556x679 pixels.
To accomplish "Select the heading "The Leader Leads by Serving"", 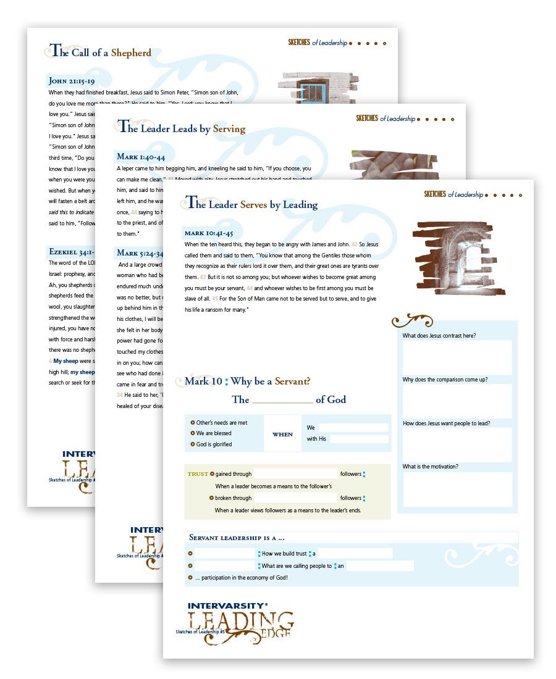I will pyautogui.click(x=182, y=128).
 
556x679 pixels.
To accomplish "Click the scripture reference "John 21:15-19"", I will pyautogui.click(x=71, y=81).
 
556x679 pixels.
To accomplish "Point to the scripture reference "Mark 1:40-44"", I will pyautogui.click(x=141, y=157).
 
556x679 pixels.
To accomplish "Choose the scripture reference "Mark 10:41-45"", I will pyautogui.click(x=208, y=233).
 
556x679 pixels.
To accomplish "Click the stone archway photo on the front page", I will pyautogui.click(x=459, y=257).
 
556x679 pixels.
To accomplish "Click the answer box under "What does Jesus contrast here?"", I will pyautogui.click(x=457, y=357).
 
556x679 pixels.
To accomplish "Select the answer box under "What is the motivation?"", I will pyautogui.click(x=457, y=489).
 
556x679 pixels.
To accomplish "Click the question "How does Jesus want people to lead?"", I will pyautogui.click(x=446, y=423).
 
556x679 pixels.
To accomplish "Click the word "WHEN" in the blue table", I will pyautogui.click(x=282, y=435).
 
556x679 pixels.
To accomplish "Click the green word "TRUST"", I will pyautogui.click(x=198, y=474).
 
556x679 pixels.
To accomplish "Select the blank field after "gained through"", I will pyautogui.click(x=295, y=474).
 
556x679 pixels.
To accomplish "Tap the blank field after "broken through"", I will pyautogui.click(x=295, y=498).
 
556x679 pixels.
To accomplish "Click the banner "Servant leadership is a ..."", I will pyautogui.click(x=236, y=537).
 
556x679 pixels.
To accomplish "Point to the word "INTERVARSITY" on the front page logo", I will pyautogui.click(x=227, y=606).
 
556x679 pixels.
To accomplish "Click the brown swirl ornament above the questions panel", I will pyautogui.click(x=413, y=320).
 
